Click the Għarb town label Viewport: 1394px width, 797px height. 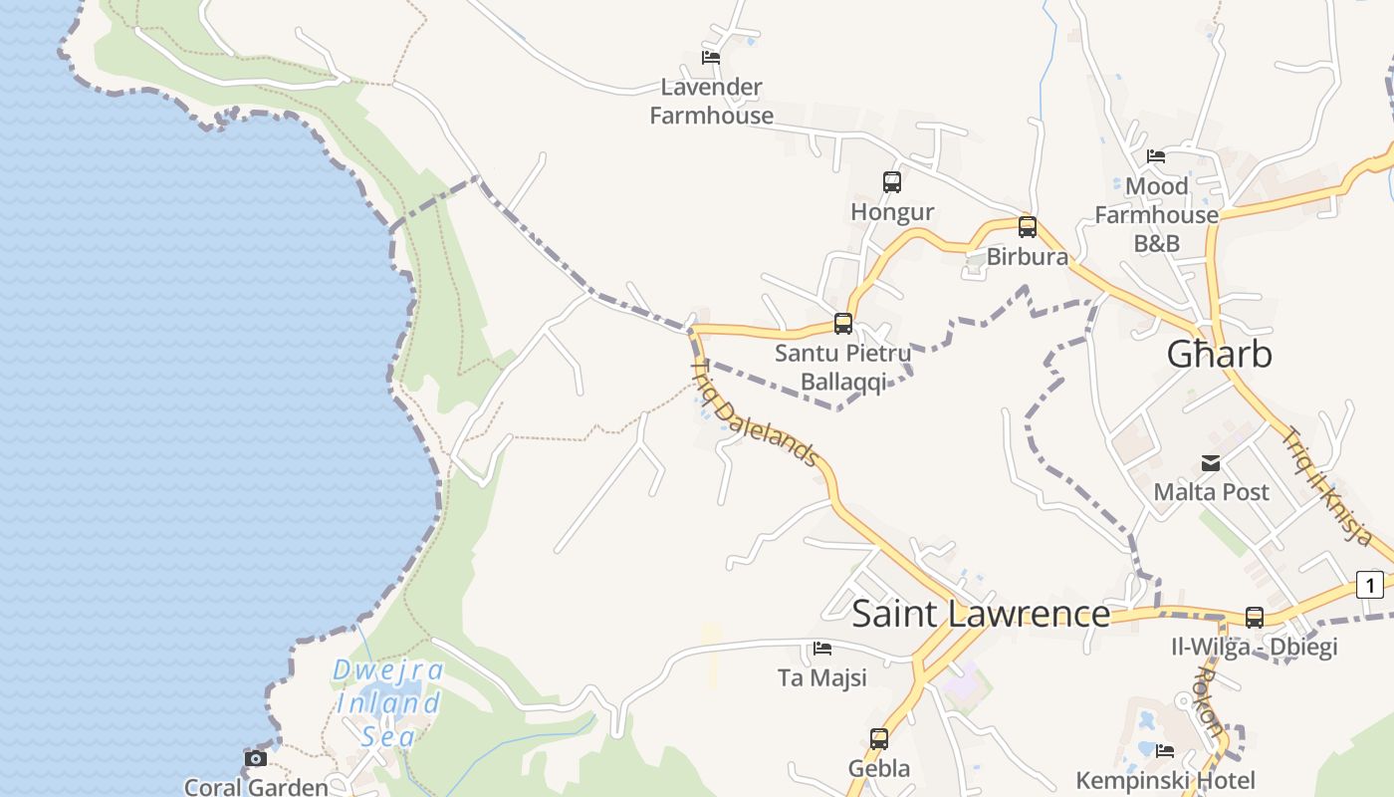tap(1219, 355)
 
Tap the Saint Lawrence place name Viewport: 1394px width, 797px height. tap(981, 614)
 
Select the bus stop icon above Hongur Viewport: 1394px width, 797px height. tap(892, 182)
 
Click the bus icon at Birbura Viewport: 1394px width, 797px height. tap(1028, 227)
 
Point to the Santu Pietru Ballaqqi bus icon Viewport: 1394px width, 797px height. tap(843, 324)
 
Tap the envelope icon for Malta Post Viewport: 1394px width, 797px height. tap(1211, 463)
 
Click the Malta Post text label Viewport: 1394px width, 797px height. tap(1211, 492)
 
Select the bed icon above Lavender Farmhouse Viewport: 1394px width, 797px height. tap(711, 58)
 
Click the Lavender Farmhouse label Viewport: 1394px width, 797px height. tap(711, 102)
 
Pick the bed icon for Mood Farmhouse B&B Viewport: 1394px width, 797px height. tap(1156, 156)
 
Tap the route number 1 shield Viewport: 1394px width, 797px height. tap(1370, 585)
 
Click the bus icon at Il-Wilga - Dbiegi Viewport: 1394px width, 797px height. tap(1255, 618)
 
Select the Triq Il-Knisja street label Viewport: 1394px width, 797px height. tap(1327, 485)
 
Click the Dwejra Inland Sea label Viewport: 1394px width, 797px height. tap(387, 703)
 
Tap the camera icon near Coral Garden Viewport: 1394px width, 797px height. tap(256, 758)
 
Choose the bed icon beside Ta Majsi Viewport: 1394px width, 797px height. tap(822, 649)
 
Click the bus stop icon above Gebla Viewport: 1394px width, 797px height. tap(879, 739)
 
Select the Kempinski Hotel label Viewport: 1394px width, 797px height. tap(1165, 780)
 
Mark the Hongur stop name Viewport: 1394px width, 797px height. tap(892, 212)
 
